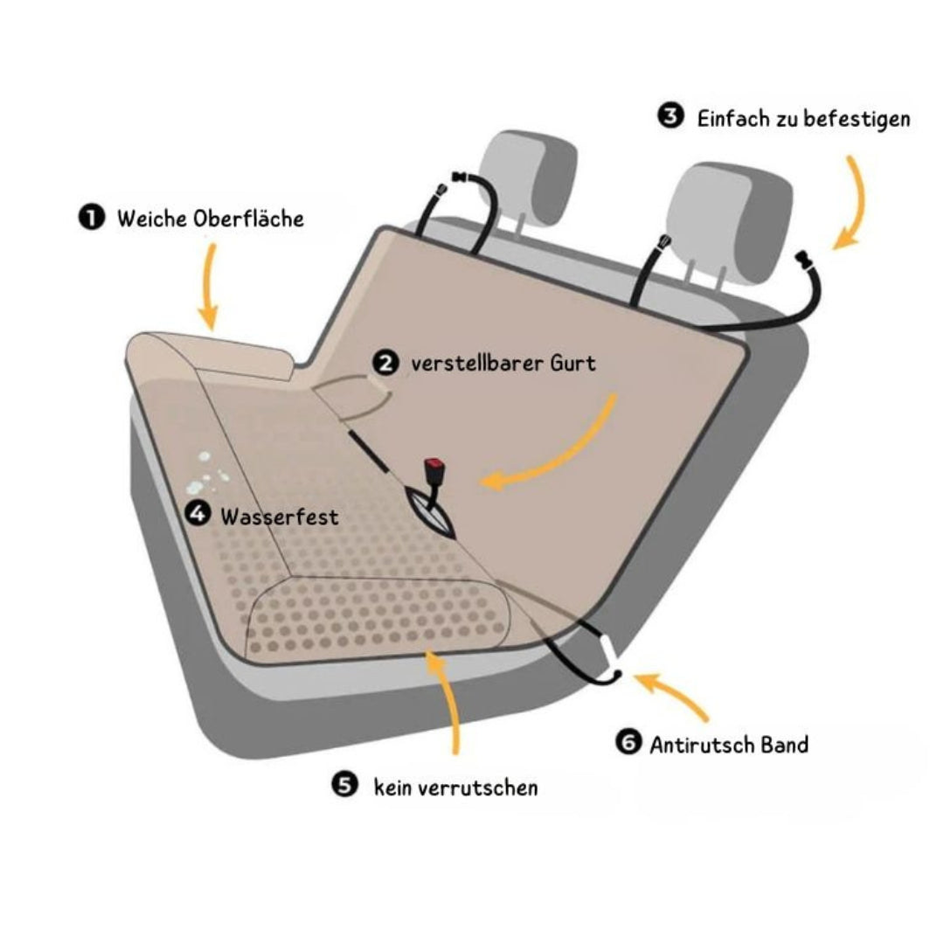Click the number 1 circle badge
coord(91,218)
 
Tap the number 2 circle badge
coord(385,362)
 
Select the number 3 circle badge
coord(670,117)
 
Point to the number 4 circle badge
coord(198,516)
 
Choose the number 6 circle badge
coord(628,744)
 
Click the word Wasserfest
coord(279,517)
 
